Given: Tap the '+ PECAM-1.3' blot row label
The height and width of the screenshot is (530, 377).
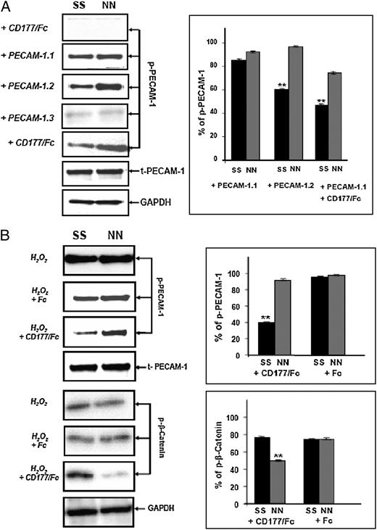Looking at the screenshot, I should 30,112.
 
